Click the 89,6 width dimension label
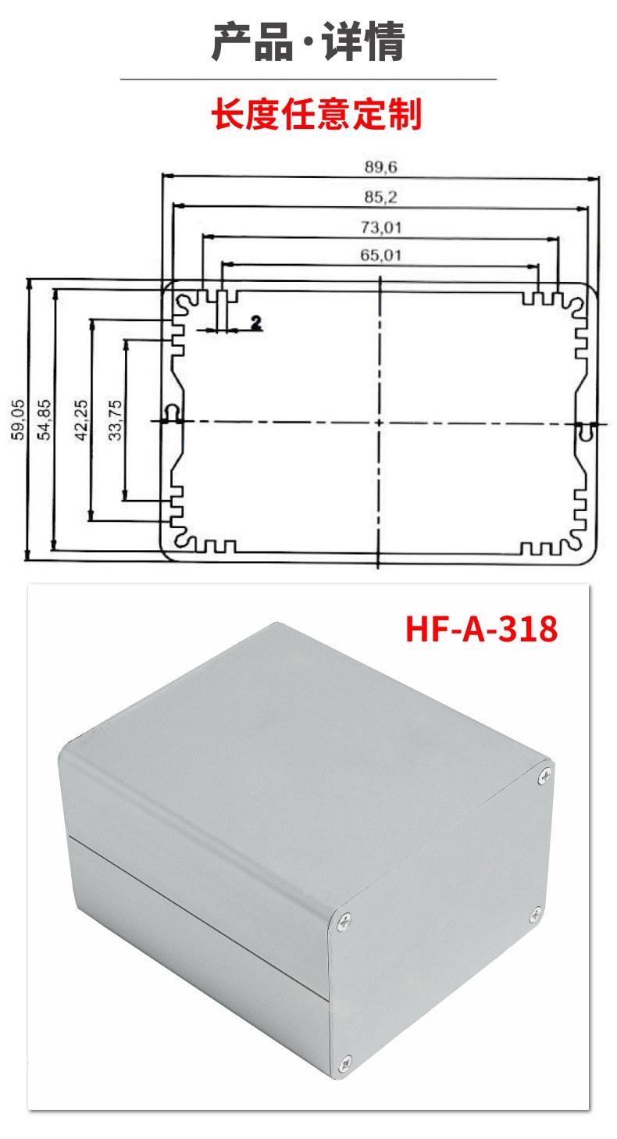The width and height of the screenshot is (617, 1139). click(x=380, y=166)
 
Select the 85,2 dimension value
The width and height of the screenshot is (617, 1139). click(x=380, y=197)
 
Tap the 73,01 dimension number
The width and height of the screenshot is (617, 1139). click(x=381, y=227)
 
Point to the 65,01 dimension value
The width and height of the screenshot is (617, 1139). click(x=381, y=255)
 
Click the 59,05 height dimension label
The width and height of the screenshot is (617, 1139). click(x=18, y=420)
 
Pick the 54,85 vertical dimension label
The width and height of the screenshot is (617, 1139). click(x=45, y=420)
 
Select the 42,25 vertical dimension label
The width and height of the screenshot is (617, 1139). click(x=81, y=420)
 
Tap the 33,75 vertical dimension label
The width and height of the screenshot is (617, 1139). click(x=116, y=420)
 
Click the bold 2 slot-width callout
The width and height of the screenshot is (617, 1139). click(x=255, y=322)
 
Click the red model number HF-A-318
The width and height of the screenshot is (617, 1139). click(x=481, y=629)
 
